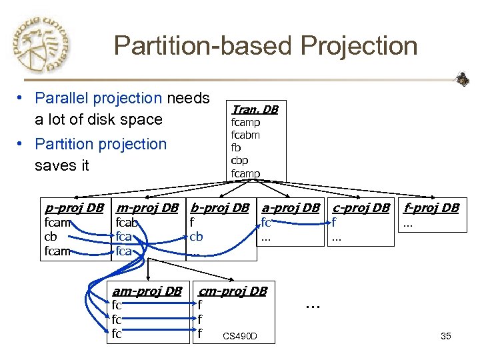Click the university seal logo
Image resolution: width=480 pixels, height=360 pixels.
(41, 45)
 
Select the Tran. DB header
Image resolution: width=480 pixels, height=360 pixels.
(254, 109)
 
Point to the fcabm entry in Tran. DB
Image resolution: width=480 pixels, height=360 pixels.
(245, 135)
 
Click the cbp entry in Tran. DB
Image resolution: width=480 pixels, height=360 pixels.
(240, 161)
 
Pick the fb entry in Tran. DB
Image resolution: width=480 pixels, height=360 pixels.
(236, 148)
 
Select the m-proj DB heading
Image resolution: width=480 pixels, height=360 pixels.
(147, 207)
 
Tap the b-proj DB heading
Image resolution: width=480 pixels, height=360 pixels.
(219, 207)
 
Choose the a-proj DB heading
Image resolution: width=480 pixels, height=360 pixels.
(291, 207)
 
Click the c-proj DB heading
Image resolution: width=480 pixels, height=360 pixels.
(361, 207)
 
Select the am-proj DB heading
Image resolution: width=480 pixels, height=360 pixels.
(147, 291)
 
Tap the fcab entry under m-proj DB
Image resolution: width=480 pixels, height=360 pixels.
(127, 223)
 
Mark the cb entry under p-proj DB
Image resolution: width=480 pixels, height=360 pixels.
(50, 237)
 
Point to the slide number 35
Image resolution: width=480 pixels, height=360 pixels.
(446, 336)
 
